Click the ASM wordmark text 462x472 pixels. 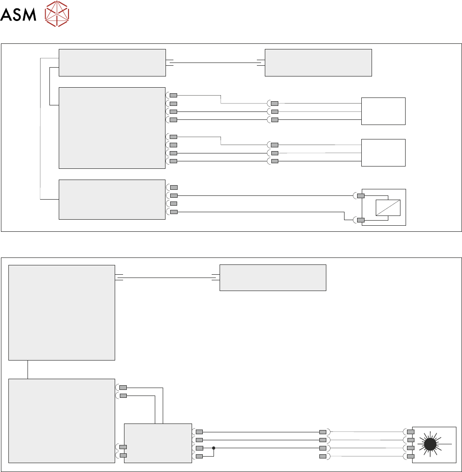click(18, 15)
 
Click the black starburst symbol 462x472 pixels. click(430, 444)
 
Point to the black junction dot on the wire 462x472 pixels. click(214, 448)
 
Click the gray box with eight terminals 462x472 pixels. click(112, 127)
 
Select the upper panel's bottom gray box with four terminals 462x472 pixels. click(112, 199)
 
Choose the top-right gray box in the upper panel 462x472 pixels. click(318, 62)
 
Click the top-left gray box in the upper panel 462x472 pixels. click(112, 62)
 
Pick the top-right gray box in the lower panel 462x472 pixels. click(273, 278)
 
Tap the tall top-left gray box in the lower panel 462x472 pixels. click(62, 312)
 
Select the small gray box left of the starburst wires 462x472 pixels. click(158, 443)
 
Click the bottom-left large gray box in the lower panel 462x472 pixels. click(62, 421)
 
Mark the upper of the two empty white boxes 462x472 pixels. click(383, 111)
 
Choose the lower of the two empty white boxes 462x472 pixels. click(383, 153)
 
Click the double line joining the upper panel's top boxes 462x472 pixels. click(215, 62)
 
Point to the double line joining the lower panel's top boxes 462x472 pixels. click(167, 278)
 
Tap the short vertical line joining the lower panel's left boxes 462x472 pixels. click(28, 369)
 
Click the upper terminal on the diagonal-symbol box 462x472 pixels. click(360, 195)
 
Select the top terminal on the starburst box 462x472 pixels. click(411, 431)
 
